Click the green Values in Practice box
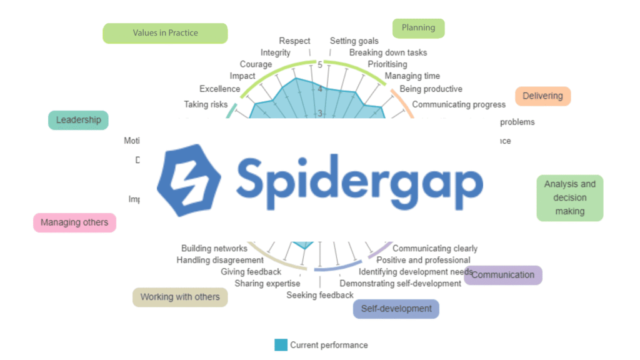point(165,33)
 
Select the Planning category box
point(418,28)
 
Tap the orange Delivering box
point(542,96)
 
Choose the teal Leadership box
point(78,120)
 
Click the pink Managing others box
point(74,222)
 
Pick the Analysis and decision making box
point(569,197)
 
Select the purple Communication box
point(503,275)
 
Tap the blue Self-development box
point(396,309)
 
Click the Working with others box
point(180,297)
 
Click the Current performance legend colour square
point(281,345)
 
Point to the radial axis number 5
point(320,65)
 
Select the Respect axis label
point(294,41)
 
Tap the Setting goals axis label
point(354,41)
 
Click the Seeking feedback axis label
point(320,295)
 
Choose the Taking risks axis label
point(206,104)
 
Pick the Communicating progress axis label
point(459,104)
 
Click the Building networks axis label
point(214,249)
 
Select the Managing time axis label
point(412,76)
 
